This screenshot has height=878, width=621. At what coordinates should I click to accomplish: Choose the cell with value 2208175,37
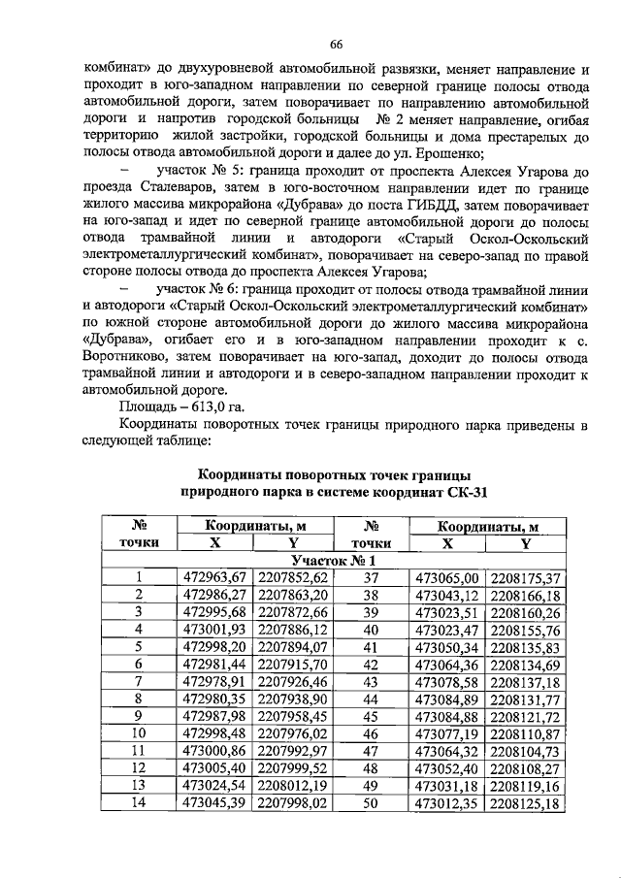click(x=526, y=578)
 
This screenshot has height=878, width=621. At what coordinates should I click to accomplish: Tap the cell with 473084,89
click(x=447, y=699)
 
